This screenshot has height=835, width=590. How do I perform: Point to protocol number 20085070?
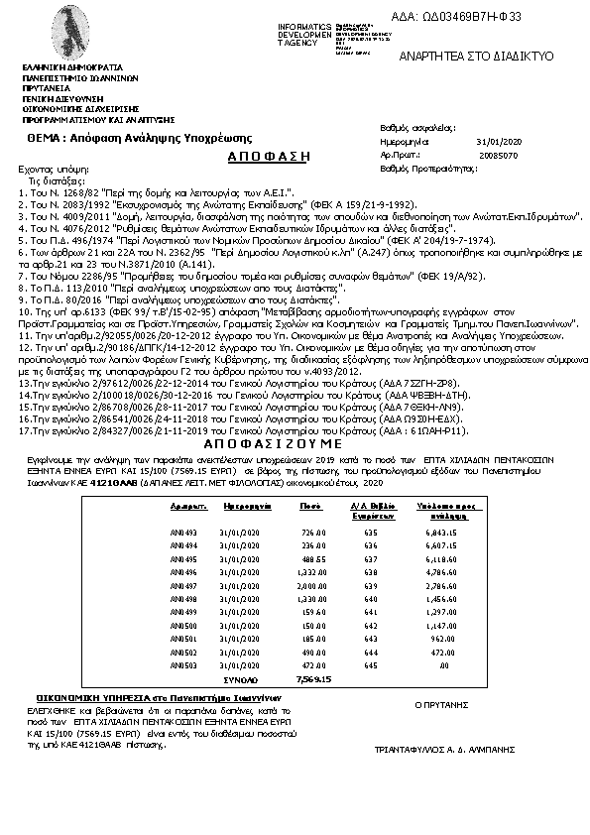pos(491,157)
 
